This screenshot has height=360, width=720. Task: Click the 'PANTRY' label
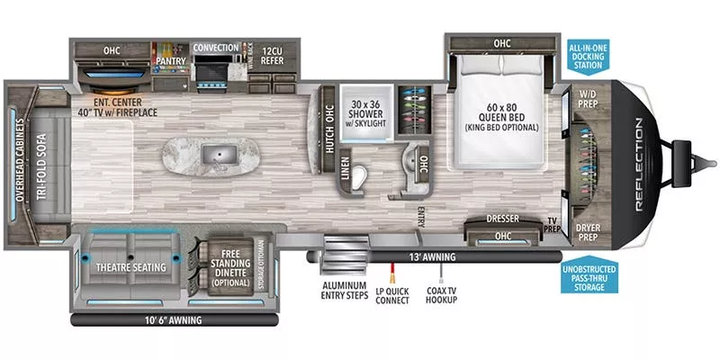pyautogui.click(x=169, y=61)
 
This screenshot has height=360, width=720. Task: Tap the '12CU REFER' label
pyautogui.click(x=273, y=56)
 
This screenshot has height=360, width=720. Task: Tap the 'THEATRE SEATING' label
pyautogui.click(x=130, y=266)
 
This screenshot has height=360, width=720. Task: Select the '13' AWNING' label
pyautogui.click(x=435, y=257)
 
